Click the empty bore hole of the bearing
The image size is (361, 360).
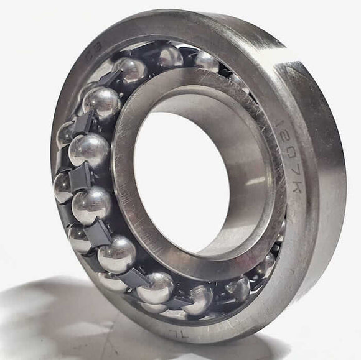pyautogui.click(x=180, y=180)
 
